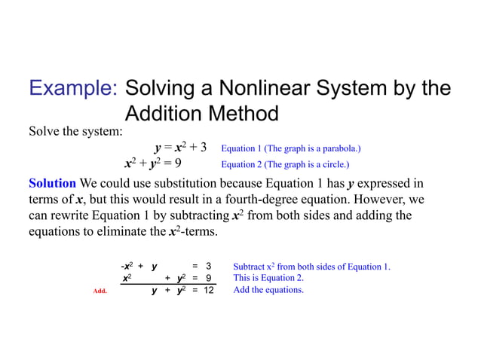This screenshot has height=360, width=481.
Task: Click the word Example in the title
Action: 72,89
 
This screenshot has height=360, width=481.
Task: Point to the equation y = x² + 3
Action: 180,148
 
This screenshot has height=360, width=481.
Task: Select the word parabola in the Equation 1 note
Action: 335,148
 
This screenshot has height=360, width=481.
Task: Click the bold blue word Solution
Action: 52,184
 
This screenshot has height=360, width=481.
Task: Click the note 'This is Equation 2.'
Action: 268,278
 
